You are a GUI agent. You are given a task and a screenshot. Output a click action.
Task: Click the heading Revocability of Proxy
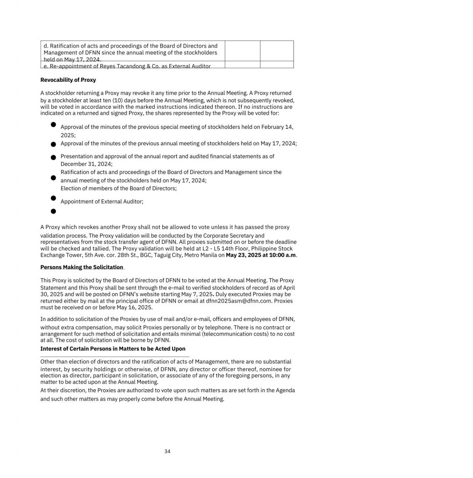coord(68,80)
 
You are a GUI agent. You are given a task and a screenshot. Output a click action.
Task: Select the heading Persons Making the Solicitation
coord(82,267)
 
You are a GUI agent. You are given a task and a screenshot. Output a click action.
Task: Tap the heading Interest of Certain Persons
coord(113,349)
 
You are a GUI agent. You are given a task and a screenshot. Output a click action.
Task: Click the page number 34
coord(167,451)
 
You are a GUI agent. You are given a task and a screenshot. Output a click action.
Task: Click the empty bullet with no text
coord(53,211)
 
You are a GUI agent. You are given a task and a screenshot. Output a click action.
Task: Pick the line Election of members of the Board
coord(118,189)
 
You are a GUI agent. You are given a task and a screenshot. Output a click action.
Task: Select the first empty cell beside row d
coord(242,51)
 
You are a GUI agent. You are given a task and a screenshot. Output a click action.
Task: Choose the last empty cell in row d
coord(277,51)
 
